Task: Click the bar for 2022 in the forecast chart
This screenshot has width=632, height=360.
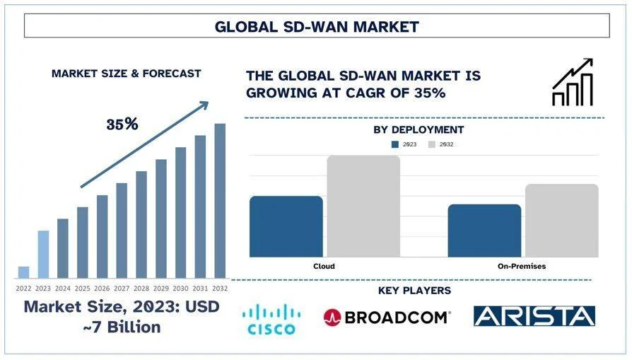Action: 23,272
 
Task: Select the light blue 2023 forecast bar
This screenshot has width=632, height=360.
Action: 43,254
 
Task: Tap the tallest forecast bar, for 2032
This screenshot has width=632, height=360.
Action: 220,201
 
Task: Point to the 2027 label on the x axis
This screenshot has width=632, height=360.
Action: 122,288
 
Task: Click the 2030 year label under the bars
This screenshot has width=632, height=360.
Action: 181,288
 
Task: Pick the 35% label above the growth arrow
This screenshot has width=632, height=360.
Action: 122,124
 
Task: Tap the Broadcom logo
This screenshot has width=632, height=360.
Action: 387,317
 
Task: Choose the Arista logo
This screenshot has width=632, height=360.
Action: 534,316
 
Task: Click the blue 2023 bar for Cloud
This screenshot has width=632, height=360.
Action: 286,226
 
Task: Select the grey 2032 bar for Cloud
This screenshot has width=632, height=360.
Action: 363,206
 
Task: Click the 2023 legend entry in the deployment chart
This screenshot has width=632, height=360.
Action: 404,144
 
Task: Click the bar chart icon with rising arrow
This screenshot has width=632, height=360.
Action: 572,83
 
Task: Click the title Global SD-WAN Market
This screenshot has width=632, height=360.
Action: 317,27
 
